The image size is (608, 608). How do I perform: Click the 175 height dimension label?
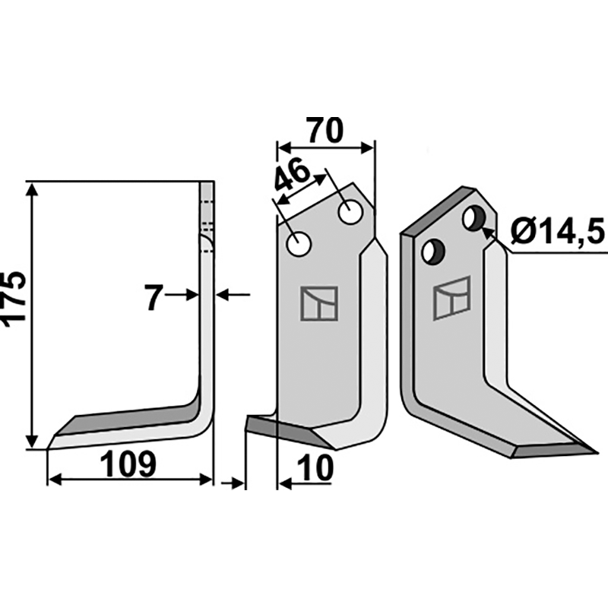point(14,299)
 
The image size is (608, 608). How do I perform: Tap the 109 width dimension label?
point(128,464)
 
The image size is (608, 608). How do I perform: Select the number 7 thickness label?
point(154,297)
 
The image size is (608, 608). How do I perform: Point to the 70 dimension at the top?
point(325,130)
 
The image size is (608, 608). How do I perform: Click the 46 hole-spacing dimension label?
point(292,177)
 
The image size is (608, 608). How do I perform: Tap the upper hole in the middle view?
point(350,212)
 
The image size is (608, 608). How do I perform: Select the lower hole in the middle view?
point(298,244)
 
